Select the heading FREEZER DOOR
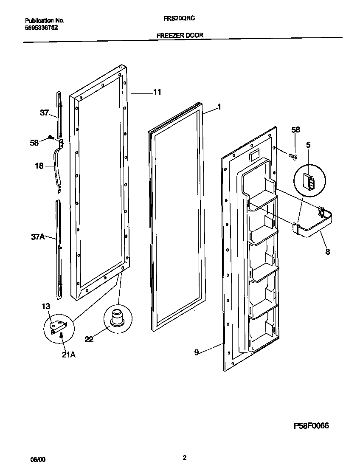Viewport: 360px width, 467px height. [180, 36]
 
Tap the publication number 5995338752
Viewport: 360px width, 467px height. [42, 28]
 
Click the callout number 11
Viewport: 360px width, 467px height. [157, 92]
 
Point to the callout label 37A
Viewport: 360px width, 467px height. [38, 237]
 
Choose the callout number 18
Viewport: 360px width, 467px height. [39, 166]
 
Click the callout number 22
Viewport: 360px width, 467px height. [90, 339]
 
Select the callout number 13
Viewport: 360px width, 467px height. [45, 307]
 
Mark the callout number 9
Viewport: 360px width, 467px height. [197, 352]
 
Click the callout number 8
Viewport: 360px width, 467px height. [327, 252]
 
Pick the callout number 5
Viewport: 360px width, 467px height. [308, 145]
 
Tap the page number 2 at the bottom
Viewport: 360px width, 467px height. [184, 457]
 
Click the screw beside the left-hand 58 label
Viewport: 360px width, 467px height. [51, 137]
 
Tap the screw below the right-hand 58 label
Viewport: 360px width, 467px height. [292, 158]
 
